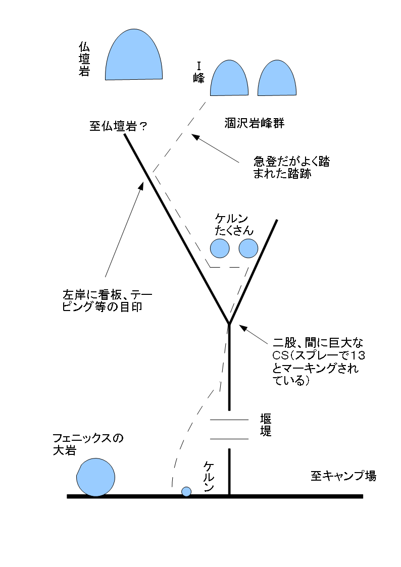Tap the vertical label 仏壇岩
(x=84, y=59)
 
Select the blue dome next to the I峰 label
(x=229, y=78)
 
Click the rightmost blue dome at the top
(x=277, y=78)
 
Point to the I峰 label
(x=198, y=73)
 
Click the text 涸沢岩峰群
(x=255, y=123)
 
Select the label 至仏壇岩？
(x=118, y=126)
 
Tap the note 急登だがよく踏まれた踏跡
(x=291, y=168)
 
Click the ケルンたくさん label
(x=234, y=225)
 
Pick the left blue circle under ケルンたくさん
(x=220, y=248)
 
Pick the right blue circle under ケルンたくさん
(x=248, y=248)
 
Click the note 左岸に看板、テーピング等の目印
(x=108, y=301)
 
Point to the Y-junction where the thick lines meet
(x=229, y=323)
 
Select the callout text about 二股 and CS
(x=319, y=361)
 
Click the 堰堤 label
(x=266, y=425)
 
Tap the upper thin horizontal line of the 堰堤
(x=229, y=420)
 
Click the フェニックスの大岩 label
(x=88, y=444)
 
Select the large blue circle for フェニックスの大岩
(x=95, y=477)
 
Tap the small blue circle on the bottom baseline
(x=186, y=491)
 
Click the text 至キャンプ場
(x=343, y=476)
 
